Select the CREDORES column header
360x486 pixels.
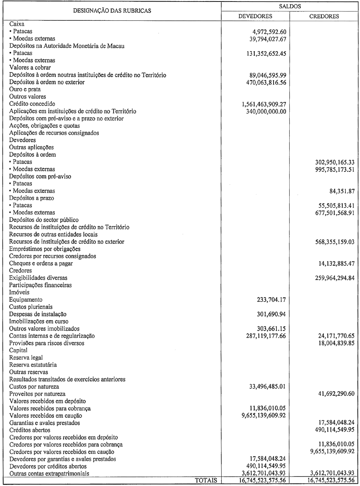[x=324, y=16]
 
